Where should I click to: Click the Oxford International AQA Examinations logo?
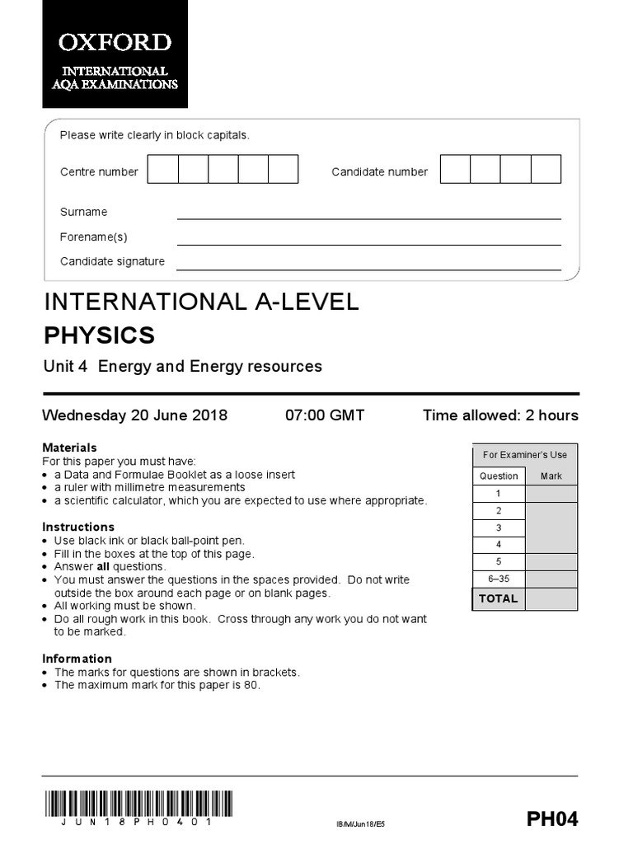[x=115, y=54]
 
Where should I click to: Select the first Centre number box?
[x=162, y=168]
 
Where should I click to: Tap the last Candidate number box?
[x=546, y=168]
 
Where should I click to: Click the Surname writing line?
[x=368, y=218]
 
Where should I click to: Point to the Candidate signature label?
[x=112, y=261]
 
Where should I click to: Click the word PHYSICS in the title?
[x=99, y=335]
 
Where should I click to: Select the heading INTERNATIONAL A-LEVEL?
[x=201, y=302]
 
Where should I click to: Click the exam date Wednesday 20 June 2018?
[x=135, y=415]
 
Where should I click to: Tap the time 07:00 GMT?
[x=325, y=415]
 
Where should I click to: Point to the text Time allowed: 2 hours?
[x=500, y=415]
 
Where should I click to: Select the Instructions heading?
[x=78, y=527]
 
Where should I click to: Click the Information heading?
[x=77, y=659]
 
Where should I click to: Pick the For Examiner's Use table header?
[x=524, y=454]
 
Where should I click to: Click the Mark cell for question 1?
[x=551, y=493]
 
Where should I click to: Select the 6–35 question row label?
[x=499, y=578]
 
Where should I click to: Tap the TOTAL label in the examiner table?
[x=499, y=598]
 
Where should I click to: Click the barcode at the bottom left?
[x=138, y=804]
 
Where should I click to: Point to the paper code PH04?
[x=552, y=818]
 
